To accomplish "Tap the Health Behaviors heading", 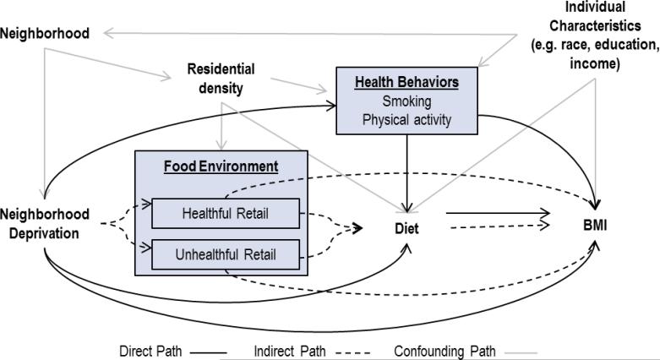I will coord(406,84).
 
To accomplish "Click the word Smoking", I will coord(406,101).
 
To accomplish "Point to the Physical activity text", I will coord(406,119).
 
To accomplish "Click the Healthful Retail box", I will coord(226,214).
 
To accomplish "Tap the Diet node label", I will coord(407,227).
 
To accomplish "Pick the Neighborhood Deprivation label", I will coord(44,223).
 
